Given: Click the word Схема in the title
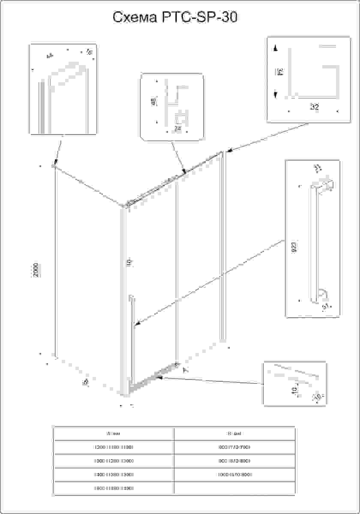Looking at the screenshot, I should (x=134, y=18).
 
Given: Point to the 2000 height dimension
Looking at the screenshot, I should (x=37, y=270).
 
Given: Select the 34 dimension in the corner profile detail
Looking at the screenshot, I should (x=279, y=72).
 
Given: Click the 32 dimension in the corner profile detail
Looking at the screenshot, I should (x=314, y=107).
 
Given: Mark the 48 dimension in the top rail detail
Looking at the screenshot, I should (x=153, y=102).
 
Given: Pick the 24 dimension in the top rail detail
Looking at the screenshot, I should (x=178, y=128).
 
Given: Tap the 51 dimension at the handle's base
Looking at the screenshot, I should (x=325, y=306).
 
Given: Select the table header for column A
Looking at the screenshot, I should (x=113, y=433).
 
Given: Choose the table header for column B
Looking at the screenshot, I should (x=234, y=433).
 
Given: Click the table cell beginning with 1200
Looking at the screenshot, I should (x=113, y=447).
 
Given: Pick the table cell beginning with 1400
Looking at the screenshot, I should (x=113, y=475).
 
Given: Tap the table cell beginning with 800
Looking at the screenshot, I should (x=234, y=447).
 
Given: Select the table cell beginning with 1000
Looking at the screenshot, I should (x=234, y=475).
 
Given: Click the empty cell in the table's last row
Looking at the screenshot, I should (x=234, y=488).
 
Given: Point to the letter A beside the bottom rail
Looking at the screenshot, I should (x=185, y=370).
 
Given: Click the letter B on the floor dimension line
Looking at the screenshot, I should (x=85, y=381).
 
